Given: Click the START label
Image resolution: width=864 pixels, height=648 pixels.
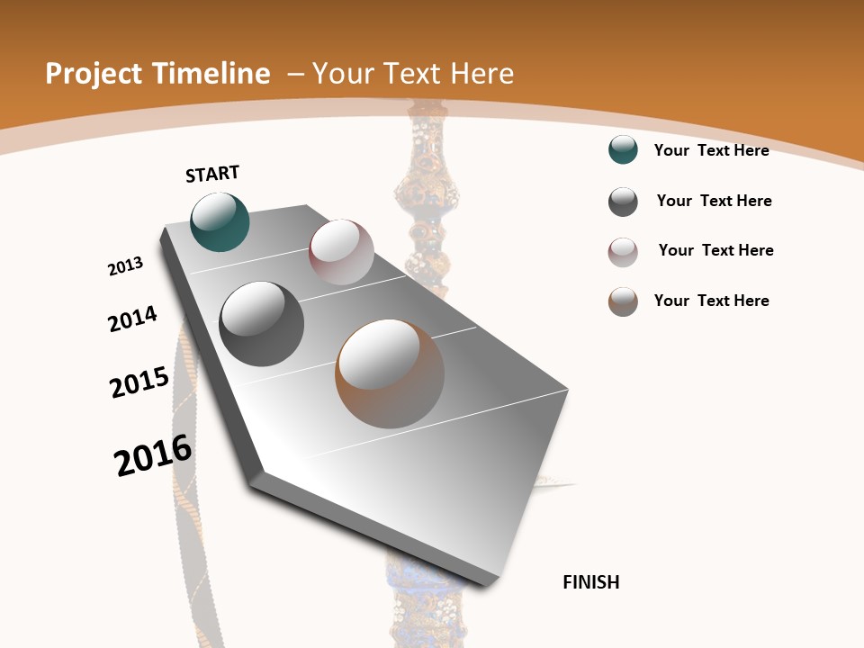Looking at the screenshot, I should [212, 174].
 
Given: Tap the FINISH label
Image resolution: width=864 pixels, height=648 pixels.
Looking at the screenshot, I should [590, 582].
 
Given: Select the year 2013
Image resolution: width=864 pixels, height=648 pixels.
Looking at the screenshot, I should [125, 266].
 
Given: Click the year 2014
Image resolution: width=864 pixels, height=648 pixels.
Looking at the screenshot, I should [132, 319].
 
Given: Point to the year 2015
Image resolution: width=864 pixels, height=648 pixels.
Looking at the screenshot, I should [139, 382].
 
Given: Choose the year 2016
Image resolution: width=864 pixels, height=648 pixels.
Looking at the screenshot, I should [153, 455].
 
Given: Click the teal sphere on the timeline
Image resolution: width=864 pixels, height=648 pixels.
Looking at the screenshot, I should [220, 222].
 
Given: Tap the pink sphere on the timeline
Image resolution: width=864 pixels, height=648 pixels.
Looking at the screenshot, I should [341, 252].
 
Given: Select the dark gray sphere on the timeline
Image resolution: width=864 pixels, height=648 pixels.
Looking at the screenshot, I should [262, 323].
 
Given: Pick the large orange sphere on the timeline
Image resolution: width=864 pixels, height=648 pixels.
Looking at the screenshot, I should [390, 373].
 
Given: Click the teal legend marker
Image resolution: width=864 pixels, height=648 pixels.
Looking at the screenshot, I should [623, 150].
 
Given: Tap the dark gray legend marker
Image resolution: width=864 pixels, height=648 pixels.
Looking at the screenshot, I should [623, 202].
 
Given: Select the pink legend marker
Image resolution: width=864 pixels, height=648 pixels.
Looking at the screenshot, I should [623, 252].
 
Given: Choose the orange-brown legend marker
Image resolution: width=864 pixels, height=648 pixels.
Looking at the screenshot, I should [623, 301].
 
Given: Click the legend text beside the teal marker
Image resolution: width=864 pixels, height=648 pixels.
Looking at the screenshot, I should [711, 150].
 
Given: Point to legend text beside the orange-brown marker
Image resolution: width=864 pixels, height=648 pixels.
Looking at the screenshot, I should [711, 301].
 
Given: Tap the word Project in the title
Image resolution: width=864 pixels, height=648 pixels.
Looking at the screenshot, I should [92, 74].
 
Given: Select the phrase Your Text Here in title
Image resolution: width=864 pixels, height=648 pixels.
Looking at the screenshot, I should [413, 74].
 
